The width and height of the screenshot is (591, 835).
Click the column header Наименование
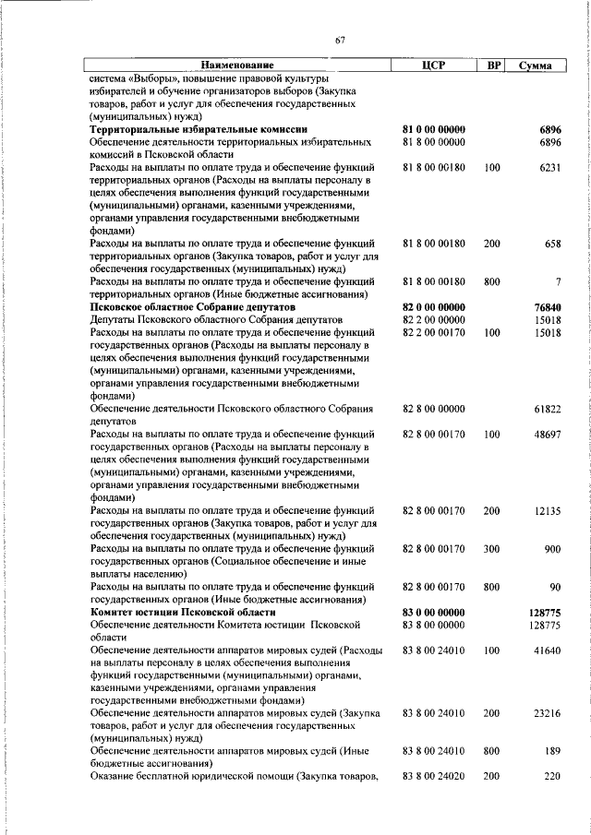tap(238, 66)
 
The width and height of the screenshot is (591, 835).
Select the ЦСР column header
tap(433, 66)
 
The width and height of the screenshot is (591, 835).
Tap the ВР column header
tap(494, 66)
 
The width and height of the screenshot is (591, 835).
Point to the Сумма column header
tap(536, 66)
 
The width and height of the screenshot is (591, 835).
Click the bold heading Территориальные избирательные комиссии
tap(198, 130)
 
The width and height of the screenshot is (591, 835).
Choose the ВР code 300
tap(491, 548)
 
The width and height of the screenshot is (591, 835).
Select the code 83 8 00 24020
tap(433, 777)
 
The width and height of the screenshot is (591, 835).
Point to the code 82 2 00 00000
tap(433, 319)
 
